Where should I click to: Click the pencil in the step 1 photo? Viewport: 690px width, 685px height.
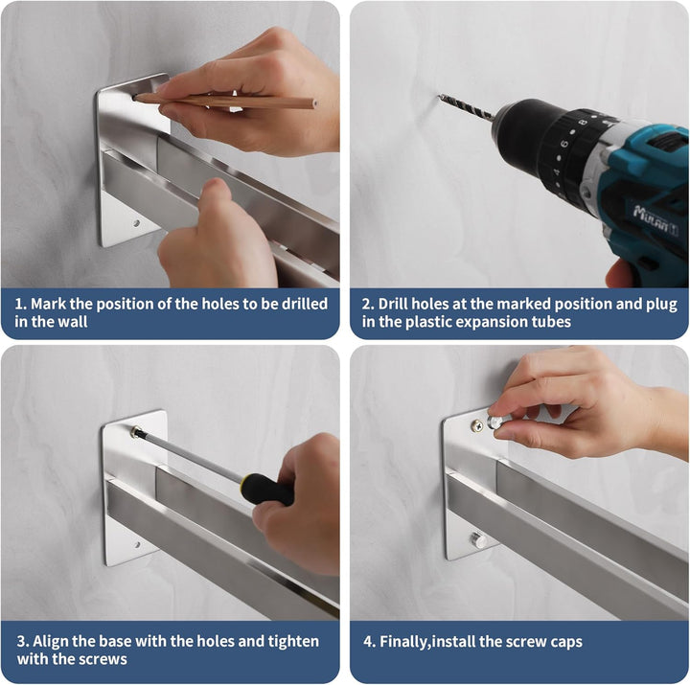pyautogui.click(x=224, y=102)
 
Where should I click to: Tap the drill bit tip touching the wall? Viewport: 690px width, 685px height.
pyautogui.click(x=439, y=96)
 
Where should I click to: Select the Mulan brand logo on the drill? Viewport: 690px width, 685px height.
pyautogui.click(x=655, y=217)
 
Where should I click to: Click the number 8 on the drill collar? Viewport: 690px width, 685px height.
pyautogui.click(x=583, y=121)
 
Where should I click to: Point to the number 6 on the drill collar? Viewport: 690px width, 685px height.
pyautogui.click(x=564, y=144)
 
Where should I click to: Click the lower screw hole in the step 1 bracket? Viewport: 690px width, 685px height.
pyautogui.click(x=136, y=223)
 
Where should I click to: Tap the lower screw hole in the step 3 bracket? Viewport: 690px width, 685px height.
pyautogui.click(x=137, y=545)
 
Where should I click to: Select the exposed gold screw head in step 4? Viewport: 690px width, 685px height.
pyautogui.click(x=477, y=425)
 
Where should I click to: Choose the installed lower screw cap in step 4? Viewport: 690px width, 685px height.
pyautogui.click(x=478, y=539)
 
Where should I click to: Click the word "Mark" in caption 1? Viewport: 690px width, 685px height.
pyautogui.click(x=48, y=304)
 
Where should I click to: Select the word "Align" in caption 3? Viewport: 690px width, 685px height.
pyautogui.click(x=50, y=642)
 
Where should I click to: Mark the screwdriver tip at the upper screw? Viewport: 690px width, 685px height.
pyautogui.click(x=135, y=432)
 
